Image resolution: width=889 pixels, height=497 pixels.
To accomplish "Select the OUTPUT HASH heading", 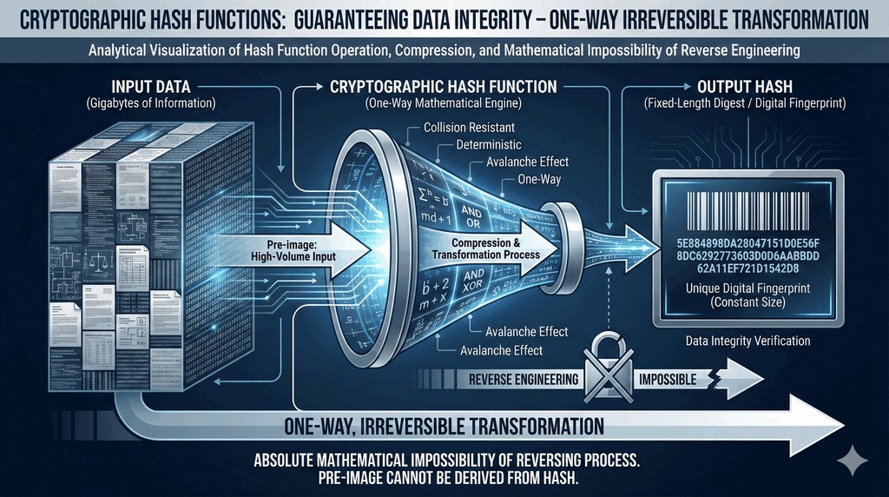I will tap(739, 88).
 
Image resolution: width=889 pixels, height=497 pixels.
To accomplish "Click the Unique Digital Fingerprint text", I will tap(746, 288).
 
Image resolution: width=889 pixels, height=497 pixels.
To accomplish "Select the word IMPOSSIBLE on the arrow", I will tap(668, 380).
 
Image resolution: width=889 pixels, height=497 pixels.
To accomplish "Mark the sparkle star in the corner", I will tap(853, 459).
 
